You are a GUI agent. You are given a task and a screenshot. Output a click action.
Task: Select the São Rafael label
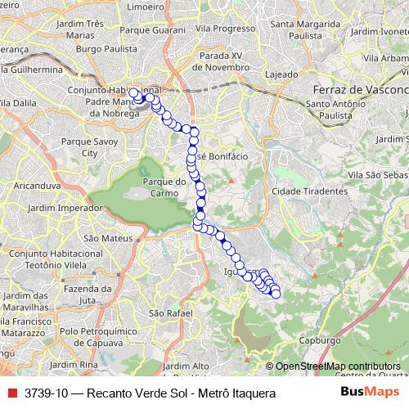tap(170, 313)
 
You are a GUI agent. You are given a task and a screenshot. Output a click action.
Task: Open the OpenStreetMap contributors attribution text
tap(337, 366)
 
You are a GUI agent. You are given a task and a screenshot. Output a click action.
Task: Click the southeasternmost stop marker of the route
tap(276, 293)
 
